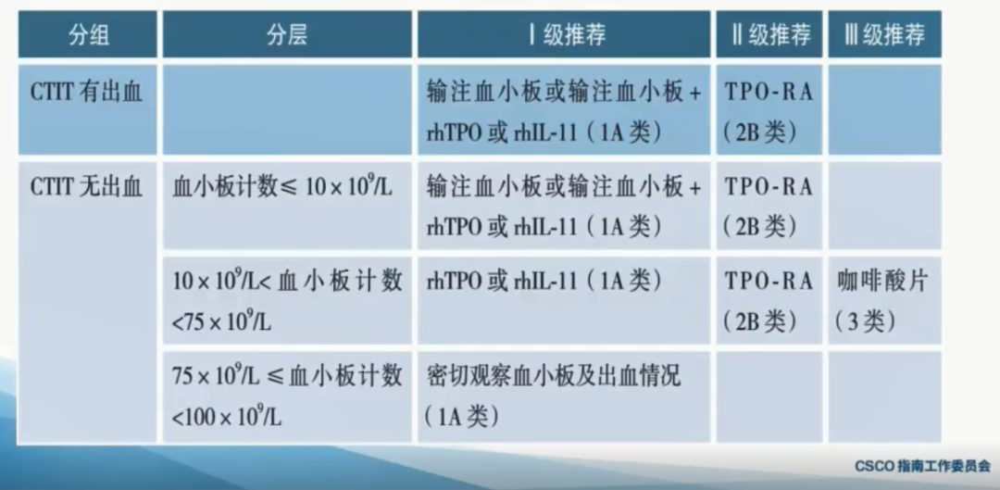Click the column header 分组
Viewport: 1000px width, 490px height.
coord(87,34)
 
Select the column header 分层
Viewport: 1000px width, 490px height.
coord(287,34)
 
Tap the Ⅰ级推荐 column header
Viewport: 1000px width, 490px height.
coord(564,34)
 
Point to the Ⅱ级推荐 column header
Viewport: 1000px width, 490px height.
coord(769,34)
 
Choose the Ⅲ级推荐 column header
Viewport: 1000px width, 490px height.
coord(884,34)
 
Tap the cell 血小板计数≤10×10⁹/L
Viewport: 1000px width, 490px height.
coord(287,205)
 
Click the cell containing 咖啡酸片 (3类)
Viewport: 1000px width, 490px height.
coord(884,300)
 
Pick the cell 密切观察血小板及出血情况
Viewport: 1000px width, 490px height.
coord(564,396)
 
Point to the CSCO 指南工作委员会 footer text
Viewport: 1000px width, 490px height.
coord(922,467)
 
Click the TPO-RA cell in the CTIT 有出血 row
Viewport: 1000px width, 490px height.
coord(769,109)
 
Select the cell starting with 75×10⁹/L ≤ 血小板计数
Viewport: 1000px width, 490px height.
coord(287,396)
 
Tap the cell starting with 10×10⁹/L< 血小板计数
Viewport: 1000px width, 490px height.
coord(287,300)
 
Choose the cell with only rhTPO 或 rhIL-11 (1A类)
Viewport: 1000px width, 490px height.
coord(564,300)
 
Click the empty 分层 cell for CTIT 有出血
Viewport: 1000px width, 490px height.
coord(287,109)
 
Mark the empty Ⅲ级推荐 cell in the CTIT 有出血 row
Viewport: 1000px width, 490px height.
coord(884,109)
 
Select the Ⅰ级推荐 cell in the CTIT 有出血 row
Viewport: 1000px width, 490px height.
coord(564,109)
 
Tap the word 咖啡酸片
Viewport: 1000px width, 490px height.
coord(882,282)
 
